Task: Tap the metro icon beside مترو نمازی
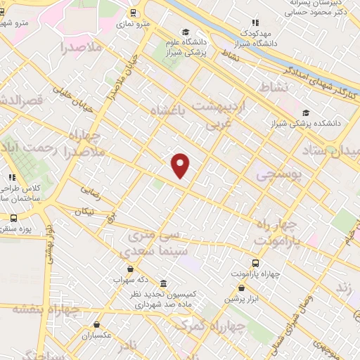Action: pyautogui.click(x=134, y=13)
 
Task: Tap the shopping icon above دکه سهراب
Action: pyautogui.click(x=129, y=269)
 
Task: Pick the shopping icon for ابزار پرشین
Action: pyautogui.click(x=243, y=288)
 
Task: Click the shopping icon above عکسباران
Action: pyautogui.click(x=96, y=325)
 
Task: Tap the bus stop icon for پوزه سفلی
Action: pyautogui.click(x=15, y=219)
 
